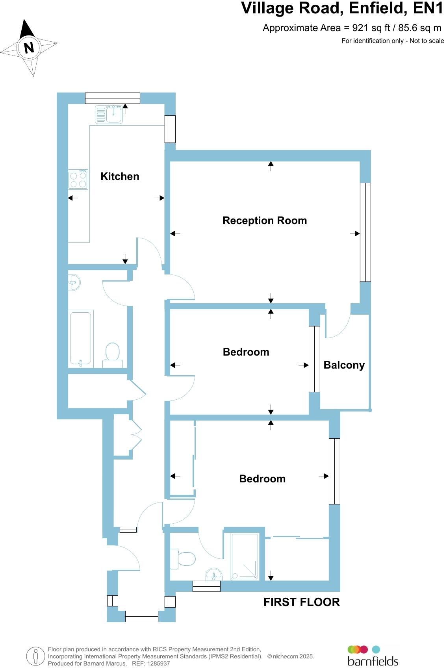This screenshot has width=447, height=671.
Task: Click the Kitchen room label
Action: [120, 176]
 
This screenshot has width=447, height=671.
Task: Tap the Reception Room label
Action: [265, 221]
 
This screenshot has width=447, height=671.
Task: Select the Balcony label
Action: [344, 365]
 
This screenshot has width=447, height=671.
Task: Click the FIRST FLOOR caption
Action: [301, 602]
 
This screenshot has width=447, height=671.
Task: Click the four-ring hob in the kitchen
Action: [78, 179]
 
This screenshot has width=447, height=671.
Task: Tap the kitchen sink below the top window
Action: [109, 115]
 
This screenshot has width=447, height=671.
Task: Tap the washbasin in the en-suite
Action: [214, 574]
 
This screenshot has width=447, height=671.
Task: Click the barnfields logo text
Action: [373, 661]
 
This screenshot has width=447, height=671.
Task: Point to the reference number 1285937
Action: [158, 663]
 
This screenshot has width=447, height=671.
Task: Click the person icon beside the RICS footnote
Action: [36, 656]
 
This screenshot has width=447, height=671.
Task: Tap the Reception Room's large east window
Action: [365, 232]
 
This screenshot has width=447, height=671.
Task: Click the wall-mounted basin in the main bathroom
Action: [74, 282]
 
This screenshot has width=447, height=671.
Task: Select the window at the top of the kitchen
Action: [112, 98]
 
